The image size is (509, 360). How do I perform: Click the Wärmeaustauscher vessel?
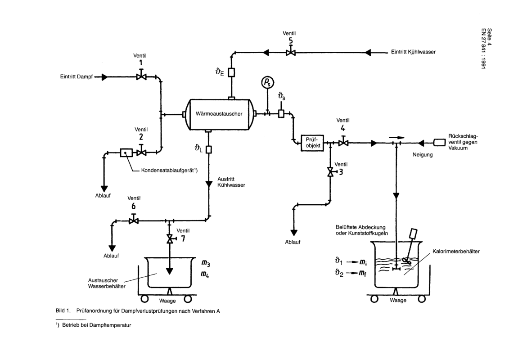(x=219, y=114)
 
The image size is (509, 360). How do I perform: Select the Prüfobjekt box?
(x=312, y=143)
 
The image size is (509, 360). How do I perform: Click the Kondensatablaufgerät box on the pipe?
(x=126, y=152)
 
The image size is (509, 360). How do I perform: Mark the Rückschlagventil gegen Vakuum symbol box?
(x=440, y=143)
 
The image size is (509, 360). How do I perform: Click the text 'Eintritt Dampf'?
(x=77, y=77)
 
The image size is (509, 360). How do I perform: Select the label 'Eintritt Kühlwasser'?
(x=413, y=52)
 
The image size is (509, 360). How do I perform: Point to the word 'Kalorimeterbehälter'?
(x=456, y=251)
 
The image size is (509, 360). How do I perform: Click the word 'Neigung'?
(x=423, y=155)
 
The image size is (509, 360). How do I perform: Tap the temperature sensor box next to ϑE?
(x=231, y=72)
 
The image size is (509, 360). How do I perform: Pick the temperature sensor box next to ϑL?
(x=209, y=149)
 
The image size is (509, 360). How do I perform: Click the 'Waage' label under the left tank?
(x=167, y=301)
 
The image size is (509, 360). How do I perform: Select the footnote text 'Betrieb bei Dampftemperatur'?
(x=96, y=325)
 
